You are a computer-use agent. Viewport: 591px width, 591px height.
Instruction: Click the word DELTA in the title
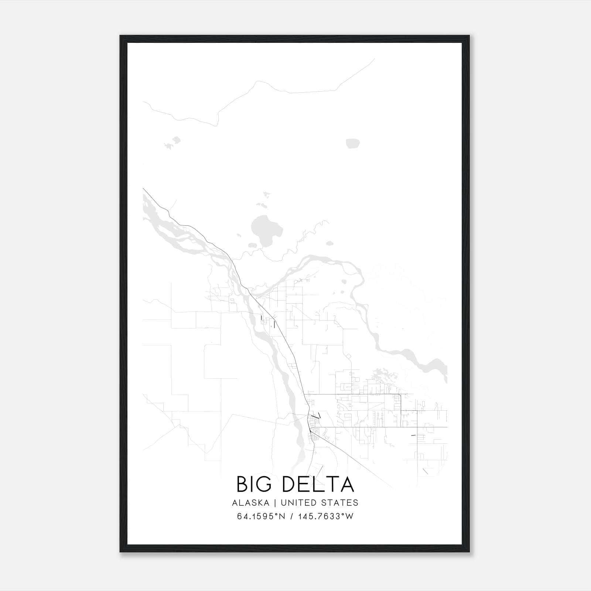tap(318, 484)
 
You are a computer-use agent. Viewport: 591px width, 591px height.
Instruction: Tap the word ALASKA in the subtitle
tap(250, 503)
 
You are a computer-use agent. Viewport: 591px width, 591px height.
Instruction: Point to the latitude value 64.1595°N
tap(261, 516)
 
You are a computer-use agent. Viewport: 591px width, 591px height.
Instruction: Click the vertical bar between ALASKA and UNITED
tap(275, 503)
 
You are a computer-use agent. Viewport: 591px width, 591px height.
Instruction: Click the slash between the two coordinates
tap(292, 516)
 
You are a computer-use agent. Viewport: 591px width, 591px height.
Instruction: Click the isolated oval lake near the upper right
tap(353, 143)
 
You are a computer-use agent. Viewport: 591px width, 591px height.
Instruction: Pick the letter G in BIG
tap(267, 484)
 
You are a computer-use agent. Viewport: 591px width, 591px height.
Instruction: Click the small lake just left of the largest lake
tap(252, 245)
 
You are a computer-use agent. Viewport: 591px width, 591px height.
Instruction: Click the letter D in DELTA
tap(289, 484)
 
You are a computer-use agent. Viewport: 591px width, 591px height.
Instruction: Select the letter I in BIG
tap(254, 484)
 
